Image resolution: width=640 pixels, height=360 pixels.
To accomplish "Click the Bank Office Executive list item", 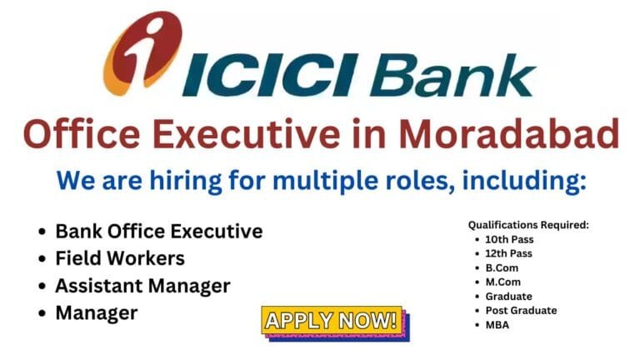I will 158,231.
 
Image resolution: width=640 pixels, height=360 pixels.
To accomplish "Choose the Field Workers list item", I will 120,258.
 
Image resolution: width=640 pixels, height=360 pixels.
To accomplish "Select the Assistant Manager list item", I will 142,286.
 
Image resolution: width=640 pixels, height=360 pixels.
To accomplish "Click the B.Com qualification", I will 502,267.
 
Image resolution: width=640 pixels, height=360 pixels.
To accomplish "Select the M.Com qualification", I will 502,282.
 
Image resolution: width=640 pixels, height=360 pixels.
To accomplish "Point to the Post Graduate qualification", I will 521,310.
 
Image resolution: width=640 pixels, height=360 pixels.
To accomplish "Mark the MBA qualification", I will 497,324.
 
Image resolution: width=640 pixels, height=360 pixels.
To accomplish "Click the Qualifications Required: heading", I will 528,225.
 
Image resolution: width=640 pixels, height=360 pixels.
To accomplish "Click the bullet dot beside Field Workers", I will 42,259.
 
